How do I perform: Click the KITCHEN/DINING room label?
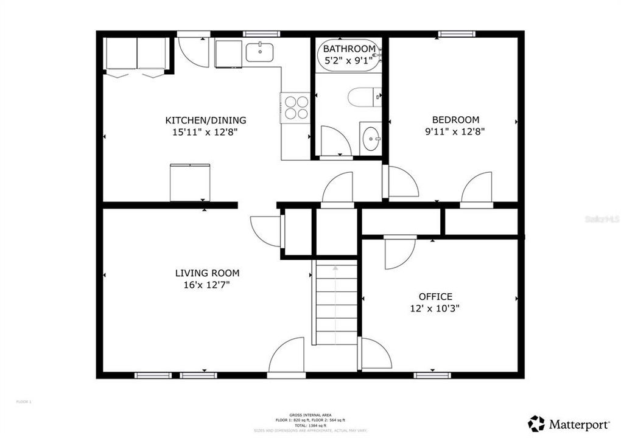206,120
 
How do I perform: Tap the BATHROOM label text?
349,49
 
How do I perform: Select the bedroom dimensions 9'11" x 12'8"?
455,131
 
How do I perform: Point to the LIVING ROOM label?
207,273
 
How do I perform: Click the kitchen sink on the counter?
262,52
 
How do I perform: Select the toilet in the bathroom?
364,97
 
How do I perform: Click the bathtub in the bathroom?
349,58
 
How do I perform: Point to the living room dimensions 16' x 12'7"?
207,284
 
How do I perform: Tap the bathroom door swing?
335,141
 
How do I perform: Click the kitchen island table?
189,182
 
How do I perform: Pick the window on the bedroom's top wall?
457,34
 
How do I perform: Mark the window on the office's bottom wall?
432,375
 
